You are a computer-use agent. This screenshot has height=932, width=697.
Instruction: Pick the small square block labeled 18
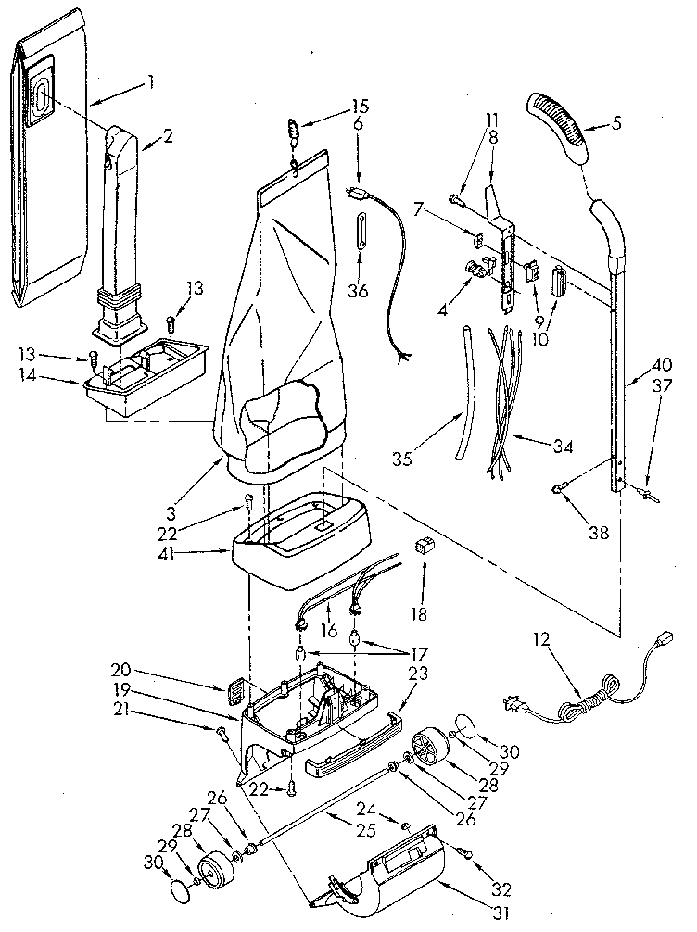[x=427, y=548]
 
